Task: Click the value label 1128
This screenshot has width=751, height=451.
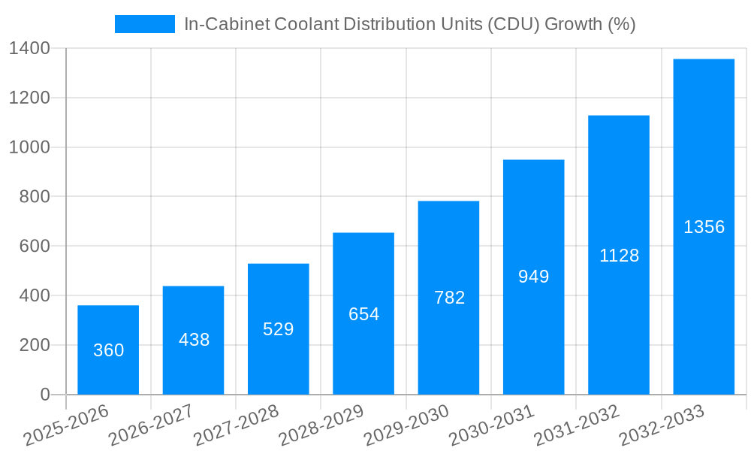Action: pos(619,256)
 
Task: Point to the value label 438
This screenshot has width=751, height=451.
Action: pos(194,340)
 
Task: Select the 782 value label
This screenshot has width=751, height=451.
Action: pos(449,298)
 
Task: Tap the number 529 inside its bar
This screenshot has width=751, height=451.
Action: pos(278,329)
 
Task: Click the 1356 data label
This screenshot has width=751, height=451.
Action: pos(704,227)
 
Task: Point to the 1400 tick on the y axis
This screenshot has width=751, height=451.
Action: pos(29,49)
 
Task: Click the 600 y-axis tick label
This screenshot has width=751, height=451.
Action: pos(35,247)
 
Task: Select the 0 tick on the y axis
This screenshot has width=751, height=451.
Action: pos(45,395)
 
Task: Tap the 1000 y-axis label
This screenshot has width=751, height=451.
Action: pos(29,147)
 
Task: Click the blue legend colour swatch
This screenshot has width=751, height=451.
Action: pos(144,24)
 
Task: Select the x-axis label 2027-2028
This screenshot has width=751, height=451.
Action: pos(237,425)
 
